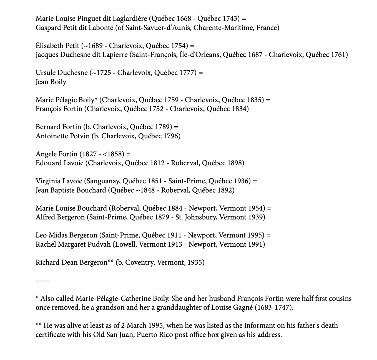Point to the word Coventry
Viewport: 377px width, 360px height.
[x=140, y=262]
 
